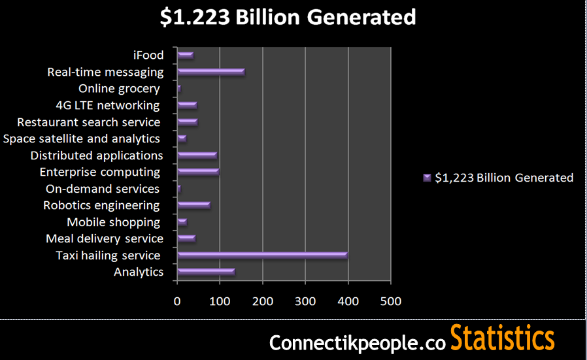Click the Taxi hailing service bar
[x=261, y=255]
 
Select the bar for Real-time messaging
[x=210, y=72]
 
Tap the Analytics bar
[x=205, y=272]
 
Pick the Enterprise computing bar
[x=198, y=172]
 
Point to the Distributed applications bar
[x=197, y=155]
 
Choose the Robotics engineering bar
[x=193, y=205]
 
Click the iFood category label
[x=147, y=55]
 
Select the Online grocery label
[x=119, y=88]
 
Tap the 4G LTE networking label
[x=108, y=105]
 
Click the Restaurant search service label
[x=89, y=122]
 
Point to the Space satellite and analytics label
[x=82, y=139]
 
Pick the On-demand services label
[x=103, y=189]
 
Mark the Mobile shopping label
[x=114, y=222]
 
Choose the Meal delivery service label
[x=105, y=238]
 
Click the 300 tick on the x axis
[x=305, y=301]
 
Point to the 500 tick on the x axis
[x=390, y=301]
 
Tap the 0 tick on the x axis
[x=177, y=301]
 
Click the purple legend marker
[x=428, y=177]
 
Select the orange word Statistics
[x=502, y=339]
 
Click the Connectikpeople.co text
[x=358, y=342]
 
